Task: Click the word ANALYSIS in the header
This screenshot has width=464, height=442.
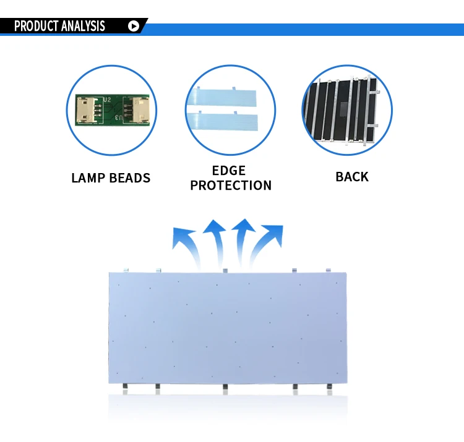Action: [x=83, y=26]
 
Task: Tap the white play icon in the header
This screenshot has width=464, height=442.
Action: [x=133, y=26]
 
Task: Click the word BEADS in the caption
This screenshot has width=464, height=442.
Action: [x=129, y=178]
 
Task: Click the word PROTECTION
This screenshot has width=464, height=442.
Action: [x=231, y=185]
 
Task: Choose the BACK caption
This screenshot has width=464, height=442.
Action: [x=351, y=177]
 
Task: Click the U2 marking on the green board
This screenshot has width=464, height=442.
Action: [x=106, y=98]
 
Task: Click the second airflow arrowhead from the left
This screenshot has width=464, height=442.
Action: [x=215, y=227]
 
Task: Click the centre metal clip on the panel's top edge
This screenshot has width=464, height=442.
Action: [x=225, y=270]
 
